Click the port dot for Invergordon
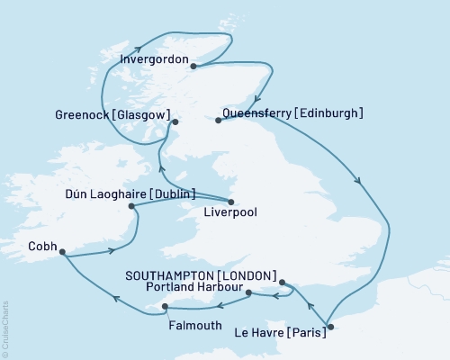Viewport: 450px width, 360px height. (x=193, y=64)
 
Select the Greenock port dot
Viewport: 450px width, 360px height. (x=175, y=121)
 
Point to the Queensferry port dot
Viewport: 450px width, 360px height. (x=219, y=119)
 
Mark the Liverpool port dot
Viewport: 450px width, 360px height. (x=231, y=202)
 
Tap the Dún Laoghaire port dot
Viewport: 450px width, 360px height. (x=133, y=206)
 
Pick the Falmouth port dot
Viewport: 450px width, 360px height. (x=164, y=307)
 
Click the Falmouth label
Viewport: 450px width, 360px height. (x=195, y=325)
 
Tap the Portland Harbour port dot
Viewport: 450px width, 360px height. (x=248, y=292)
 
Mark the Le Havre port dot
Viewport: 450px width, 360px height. (x=330, y=327)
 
